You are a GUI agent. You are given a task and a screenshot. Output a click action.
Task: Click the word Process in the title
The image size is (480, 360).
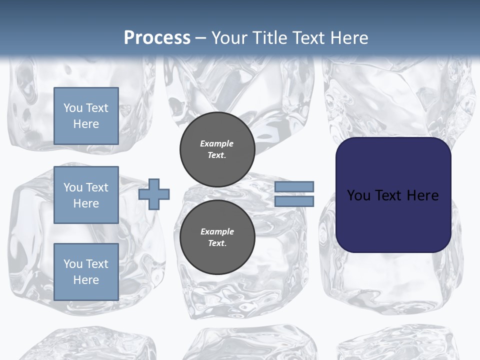tap(157, 37)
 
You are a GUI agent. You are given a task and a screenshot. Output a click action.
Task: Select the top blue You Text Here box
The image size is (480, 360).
tap(86, 116)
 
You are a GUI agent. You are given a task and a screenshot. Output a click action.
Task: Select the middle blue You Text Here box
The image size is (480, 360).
tap(86, 195)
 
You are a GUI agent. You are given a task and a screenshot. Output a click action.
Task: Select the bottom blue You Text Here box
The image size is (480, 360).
tap(86, 271)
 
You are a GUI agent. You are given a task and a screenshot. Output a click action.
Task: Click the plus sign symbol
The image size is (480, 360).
tap(154, 194)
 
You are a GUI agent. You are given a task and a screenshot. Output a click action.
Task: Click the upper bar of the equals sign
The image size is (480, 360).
tap(294, 187)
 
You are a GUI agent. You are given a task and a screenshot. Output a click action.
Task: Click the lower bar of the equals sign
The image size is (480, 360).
tap(294, 201)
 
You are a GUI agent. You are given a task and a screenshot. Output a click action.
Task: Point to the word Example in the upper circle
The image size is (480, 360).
tap(217, 143)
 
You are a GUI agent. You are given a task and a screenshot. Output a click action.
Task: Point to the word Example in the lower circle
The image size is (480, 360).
tap(217, 231)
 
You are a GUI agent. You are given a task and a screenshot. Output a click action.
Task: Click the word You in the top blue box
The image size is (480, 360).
tap(73, 108)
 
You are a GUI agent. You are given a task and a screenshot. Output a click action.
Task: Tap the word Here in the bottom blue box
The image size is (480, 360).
tap(86, 280)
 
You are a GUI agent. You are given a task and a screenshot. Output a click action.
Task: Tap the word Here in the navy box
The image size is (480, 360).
tap(423, 195)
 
